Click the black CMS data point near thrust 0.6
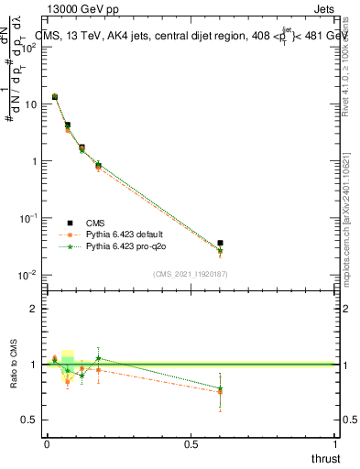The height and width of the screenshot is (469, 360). coord(220,243)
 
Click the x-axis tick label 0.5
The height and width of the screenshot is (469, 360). coord(191,443)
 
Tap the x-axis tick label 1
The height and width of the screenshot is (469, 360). coord(336,443)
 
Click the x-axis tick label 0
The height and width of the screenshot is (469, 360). coord(46,443)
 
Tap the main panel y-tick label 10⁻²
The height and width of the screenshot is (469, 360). coord(27,275)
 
